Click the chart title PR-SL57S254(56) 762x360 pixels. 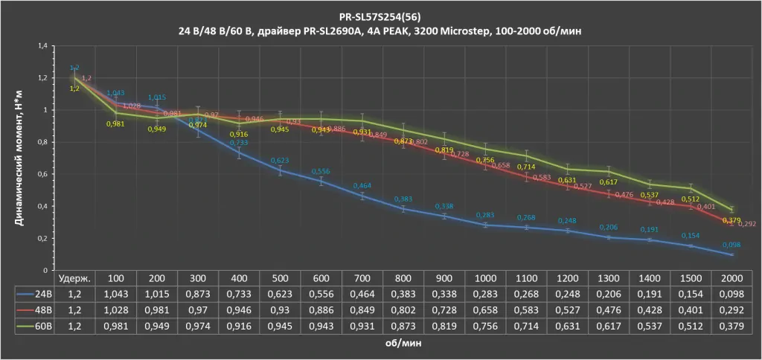pyautogui.click(x=381, y=14)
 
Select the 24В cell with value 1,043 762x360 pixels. pyautogui.click(x=116, y=294)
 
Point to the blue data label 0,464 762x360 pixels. pyautogui.click(x=362, y=185)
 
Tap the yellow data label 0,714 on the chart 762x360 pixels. pyautogui.click(x=527, y=167)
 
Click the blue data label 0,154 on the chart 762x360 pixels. pyautogui.click(x=691, y=236)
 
